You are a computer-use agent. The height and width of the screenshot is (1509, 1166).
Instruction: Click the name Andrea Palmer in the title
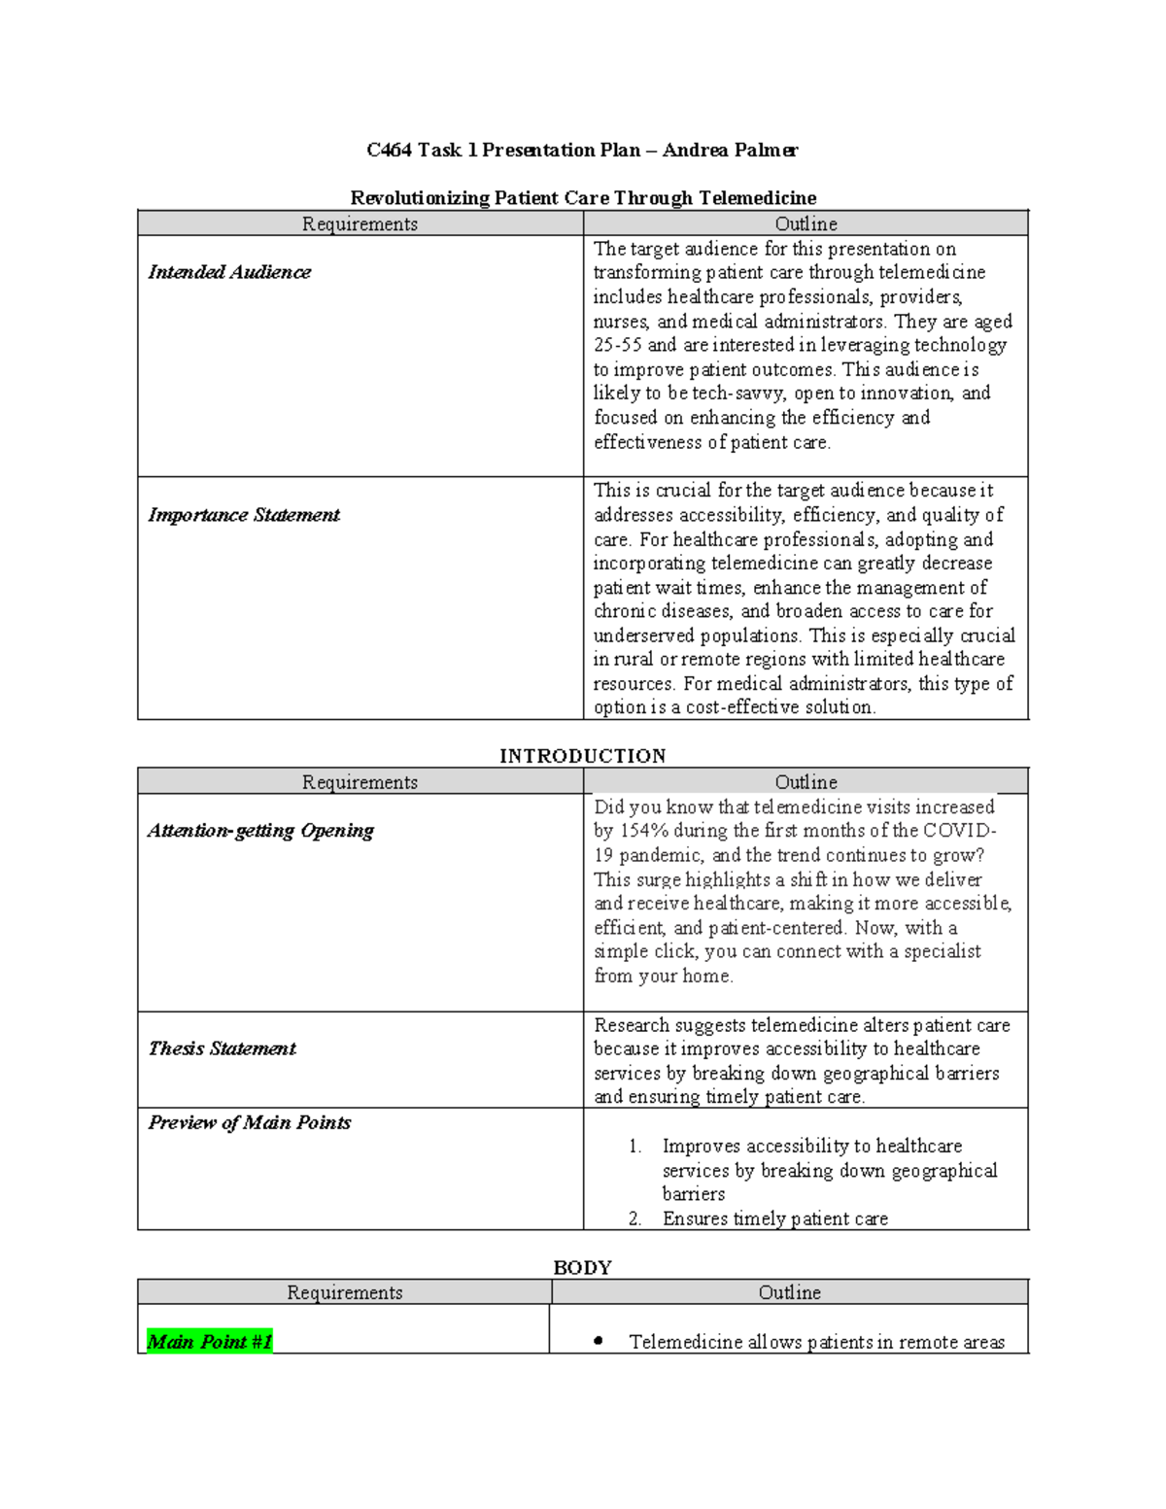click(x=731, y=151)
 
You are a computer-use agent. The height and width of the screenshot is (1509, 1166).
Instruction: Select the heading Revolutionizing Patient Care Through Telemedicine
click(x=583, y=198)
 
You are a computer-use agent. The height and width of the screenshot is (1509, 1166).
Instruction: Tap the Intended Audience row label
click(x=229, y=272)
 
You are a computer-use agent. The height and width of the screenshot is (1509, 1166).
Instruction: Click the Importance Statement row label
click(x=244, y=515)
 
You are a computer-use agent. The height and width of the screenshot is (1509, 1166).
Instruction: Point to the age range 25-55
click(x=618, y=345)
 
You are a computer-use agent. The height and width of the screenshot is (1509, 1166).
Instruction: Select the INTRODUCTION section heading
click(x=583, y=756)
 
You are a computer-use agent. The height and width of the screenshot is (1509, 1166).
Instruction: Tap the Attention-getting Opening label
click(x=260, y=831)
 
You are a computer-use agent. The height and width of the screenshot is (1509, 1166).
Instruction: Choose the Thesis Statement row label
click(x=222, y=1048)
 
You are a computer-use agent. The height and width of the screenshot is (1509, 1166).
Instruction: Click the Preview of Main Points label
click(x=250, y=1122)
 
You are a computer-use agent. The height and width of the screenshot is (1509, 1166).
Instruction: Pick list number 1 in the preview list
click(x=634, y=1147)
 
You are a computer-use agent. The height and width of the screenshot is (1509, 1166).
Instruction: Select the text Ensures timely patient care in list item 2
click(x=774, y=1218)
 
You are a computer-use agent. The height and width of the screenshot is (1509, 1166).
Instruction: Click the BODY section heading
click(x=582, y=1267)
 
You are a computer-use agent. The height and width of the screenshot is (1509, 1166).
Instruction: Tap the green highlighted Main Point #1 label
click(x=209, y=1342)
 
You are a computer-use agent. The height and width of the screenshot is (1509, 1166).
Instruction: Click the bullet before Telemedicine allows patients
click(x=599, y=1342)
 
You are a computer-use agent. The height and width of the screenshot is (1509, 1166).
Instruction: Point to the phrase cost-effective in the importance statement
click(x=753, y=707)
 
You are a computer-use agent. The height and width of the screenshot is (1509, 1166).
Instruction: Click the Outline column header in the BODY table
click(x=789, y=1292)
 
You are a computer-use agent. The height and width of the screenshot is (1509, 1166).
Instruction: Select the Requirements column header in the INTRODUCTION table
click(x=360, y=782)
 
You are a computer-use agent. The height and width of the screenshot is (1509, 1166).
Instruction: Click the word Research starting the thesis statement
click(x=632, y=1025)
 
